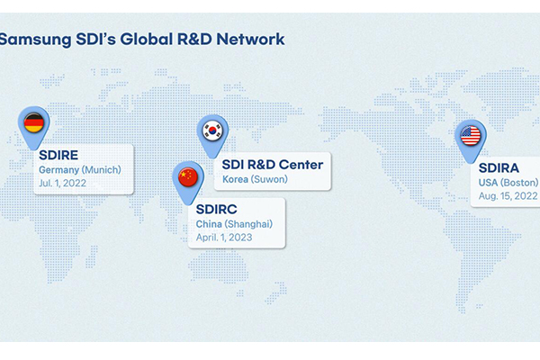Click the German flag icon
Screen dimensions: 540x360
34,122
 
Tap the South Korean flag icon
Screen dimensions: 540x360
212,130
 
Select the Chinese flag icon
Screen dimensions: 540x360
188,177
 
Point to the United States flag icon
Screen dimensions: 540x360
471,135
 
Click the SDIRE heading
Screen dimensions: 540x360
58,155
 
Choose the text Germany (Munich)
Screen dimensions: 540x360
80,170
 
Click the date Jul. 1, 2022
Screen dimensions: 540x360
62,183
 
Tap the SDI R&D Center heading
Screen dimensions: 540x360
273,165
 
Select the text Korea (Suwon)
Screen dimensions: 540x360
255,179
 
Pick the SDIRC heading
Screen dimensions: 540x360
217,209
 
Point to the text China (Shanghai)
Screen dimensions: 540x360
234,224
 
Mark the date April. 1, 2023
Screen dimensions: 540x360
224,238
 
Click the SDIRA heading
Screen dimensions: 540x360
499,168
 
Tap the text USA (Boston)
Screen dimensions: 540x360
508,183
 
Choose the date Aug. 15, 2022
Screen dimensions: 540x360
508,196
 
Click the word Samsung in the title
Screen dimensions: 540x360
35,40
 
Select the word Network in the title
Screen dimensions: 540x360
250,39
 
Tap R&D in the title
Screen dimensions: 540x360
194,39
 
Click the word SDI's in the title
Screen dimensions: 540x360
95,39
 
